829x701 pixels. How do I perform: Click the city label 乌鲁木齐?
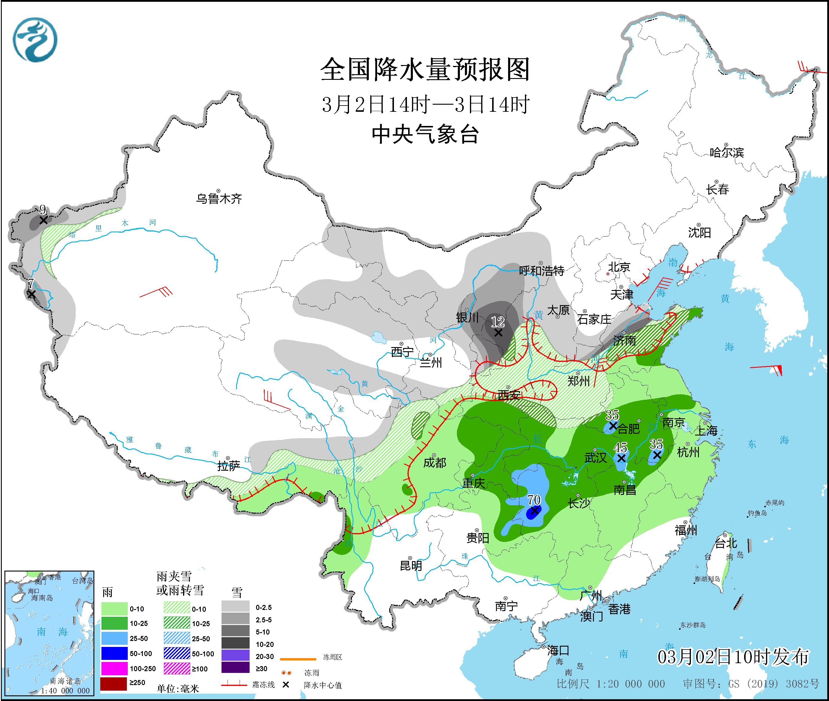219,198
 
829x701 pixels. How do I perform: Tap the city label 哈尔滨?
726,153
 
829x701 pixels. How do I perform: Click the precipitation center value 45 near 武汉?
620,447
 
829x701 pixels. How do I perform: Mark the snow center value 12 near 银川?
497,321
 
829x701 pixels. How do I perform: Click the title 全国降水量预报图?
425,69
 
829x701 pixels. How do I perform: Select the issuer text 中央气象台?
425,134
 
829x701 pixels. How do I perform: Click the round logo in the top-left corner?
35,40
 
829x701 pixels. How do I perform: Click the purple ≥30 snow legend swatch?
235,668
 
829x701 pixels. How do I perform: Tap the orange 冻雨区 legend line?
298,659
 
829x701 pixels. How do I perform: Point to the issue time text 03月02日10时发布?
732,657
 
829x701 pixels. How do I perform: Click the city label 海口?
558,650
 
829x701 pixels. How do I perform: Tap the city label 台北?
726,543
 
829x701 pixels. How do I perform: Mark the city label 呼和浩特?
542,271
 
